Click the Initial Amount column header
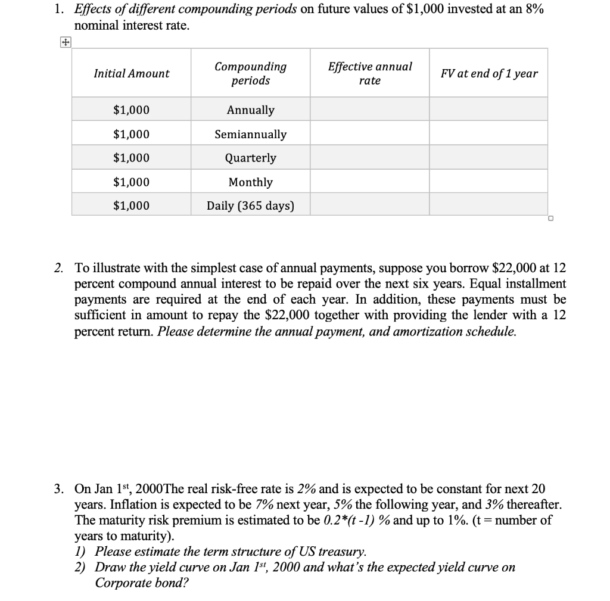point(131,73)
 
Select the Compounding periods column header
point(250,73)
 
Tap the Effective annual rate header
point(369,73)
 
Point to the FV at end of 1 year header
point(488,73)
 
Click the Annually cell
point(250,110)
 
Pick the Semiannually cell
point(250,135)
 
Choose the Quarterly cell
point(250,158)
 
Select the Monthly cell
point(250,182)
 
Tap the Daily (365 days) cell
point(250,206)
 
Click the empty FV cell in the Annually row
point(488,110)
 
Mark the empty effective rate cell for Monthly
point(369,182)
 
